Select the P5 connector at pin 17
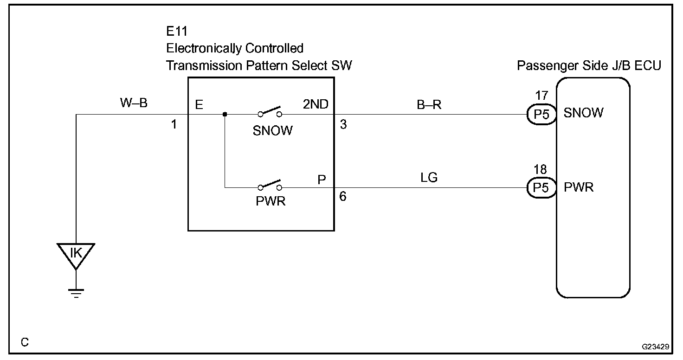point(541,114)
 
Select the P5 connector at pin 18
point(541,188)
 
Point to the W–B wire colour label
point(134,103)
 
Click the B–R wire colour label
point(428,105)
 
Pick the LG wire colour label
point(428,177)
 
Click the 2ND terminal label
point(316,105)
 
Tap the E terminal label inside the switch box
point(199,105)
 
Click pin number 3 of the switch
point(343,124)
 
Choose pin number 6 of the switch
point(343,197)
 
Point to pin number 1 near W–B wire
point(174,124)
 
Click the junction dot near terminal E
point(225,115)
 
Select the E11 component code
point(177,31)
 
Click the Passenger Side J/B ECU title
point(589,66)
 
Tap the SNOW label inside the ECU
point(584,113)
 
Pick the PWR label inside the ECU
point(579,187)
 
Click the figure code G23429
point(655,347)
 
